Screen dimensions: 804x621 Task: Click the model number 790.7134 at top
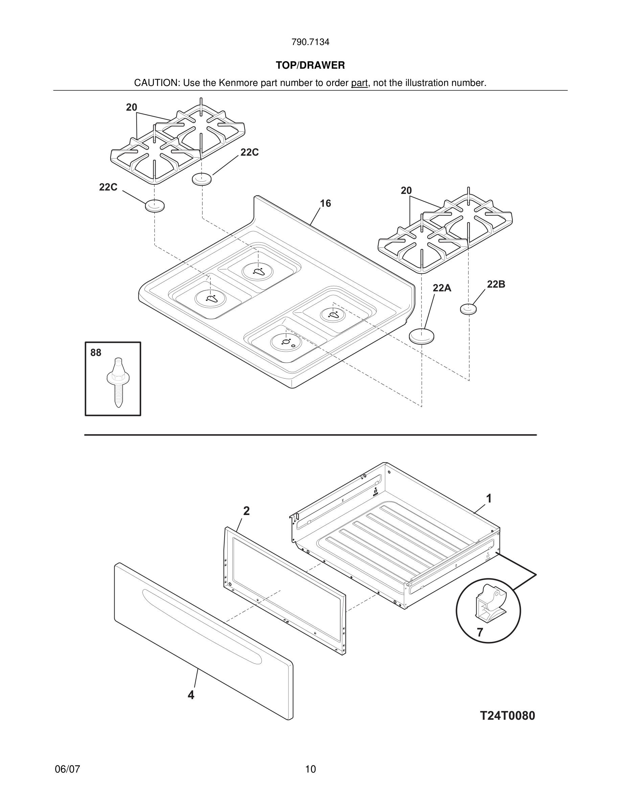(x=310, y=42)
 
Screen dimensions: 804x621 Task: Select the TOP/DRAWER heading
(x=310, y=66)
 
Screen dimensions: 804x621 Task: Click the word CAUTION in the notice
(x=156, y=83)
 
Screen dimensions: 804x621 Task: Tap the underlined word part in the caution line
(x=359, y=83)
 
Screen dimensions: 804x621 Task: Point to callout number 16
(x=325, y=203)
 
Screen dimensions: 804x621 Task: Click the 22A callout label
(x=441, y=288)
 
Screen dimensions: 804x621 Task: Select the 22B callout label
(x=496, y=284)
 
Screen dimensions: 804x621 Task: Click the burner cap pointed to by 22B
(x=468, y=309)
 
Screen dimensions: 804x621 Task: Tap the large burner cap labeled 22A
(x=421, y=336)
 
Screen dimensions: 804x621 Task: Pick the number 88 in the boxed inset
(x=96, y=353)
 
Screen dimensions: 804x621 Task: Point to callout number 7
(x=480, y=632)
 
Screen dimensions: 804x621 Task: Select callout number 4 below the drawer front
(x=190, y=695)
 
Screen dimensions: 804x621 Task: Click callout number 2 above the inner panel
(x=247, y=511)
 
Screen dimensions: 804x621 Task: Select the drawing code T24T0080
(x=507, y=716)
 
